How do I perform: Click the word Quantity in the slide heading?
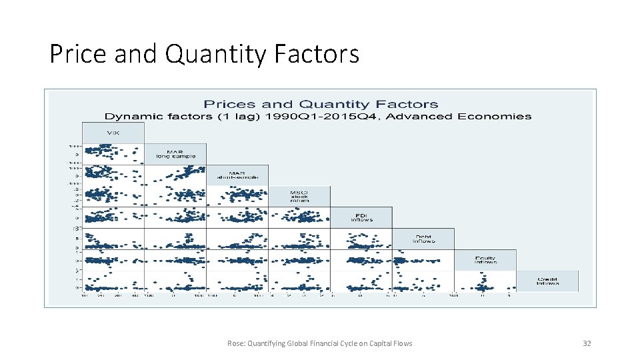point(216,53)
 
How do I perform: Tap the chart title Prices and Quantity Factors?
point(320,104)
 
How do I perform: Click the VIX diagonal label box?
point(113,133)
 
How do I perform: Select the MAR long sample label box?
point(175,154)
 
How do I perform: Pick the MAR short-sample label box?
point(237,175)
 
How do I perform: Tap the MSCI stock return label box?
point(299,196)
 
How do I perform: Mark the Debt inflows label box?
point(423,239)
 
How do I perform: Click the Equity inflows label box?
point(485,260)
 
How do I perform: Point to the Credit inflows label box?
point(547,281)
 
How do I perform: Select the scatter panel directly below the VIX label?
point(113,154)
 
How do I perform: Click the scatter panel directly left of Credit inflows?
point(485,281)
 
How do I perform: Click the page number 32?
point(587,343)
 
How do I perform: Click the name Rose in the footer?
point(235,343)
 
